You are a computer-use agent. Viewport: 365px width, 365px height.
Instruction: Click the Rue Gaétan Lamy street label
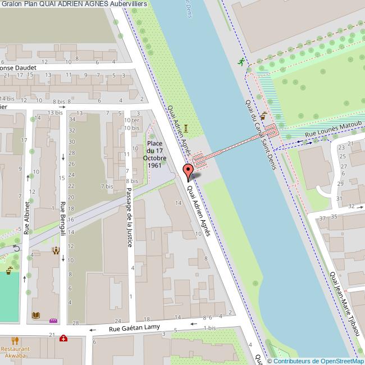[135, 327]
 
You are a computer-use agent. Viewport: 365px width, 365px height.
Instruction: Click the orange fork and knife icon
[15, 340]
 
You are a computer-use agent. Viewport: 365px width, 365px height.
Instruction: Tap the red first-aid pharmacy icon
[63, 338]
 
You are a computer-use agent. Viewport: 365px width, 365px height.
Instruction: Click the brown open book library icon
[36, 316]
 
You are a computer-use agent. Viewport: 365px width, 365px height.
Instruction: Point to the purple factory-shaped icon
[54, 321]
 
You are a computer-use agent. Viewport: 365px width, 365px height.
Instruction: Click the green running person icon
[241, 62]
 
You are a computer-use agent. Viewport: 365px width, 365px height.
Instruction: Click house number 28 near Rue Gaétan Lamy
[76, 323]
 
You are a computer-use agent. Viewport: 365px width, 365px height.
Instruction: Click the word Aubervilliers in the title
[129, 4]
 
